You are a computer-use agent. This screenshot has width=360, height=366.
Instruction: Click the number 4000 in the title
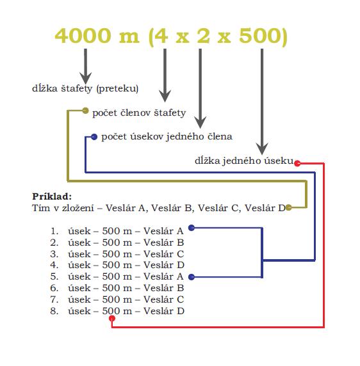pos(83,36)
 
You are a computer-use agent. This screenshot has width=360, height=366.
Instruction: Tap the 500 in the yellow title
pos(259,36)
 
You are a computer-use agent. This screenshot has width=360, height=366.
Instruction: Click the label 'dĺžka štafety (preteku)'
pos(85,88)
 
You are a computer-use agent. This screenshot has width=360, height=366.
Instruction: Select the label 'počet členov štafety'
pos(139,113)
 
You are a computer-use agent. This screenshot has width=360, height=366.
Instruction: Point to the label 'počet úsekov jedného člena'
pos(167,137)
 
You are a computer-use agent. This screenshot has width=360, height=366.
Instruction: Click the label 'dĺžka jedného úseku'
pos(244,161)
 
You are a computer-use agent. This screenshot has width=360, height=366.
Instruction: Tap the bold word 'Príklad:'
pos(52,196)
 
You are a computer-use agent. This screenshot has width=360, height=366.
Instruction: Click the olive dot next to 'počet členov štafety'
pos(85,111)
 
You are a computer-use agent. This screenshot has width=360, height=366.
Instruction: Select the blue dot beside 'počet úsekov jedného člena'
pos(94,137)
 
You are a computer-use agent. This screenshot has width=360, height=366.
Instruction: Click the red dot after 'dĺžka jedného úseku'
pos(297,163)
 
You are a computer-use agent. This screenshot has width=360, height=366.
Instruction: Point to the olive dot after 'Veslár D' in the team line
pos(288,207)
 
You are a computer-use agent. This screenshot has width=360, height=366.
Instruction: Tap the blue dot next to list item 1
pos(192,228)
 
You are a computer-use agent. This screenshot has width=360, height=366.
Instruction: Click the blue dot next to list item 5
pos(192,277)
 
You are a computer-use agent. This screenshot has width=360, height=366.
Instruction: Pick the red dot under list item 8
pos(112,318)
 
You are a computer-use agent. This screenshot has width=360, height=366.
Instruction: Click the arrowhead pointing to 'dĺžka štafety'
pos(85,77)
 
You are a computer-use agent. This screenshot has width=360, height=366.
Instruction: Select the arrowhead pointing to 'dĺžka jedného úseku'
pos(262,148)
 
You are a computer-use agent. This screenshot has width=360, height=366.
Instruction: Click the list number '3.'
pos(54,254)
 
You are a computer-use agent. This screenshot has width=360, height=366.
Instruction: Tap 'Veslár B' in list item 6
pos(163,288)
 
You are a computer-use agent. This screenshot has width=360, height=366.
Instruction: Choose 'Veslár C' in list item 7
pos(163,299)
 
